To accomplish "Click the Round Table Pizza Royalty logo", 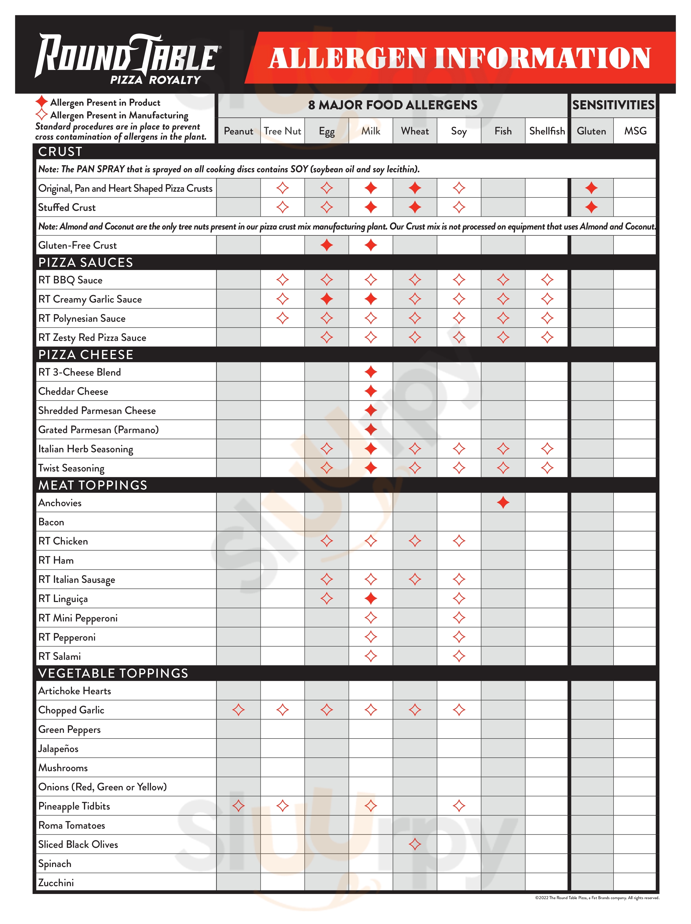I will point(127,59).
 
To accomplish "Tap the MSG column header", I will point(635,131).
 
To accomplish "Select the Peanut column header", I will point(238,131).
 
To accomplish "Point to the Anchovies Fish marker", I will point(503,503).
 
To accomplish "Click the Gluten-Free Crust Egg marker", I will point(326,245).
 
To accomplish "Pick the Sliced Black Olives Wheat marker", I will point(415,844).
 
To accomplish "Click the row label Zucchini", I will point(56,883).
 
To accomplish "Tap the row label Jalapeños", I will point(58,749).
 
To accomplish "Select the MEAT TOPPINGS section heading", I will point(93,485).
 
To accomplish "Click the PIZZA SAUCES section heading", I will point(86,262).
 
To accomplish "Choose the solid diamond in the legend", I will point(41,102).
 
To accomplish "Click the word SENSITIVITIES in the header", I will point(613,105).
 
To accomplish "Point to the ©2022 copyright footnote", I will point(597,898).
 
